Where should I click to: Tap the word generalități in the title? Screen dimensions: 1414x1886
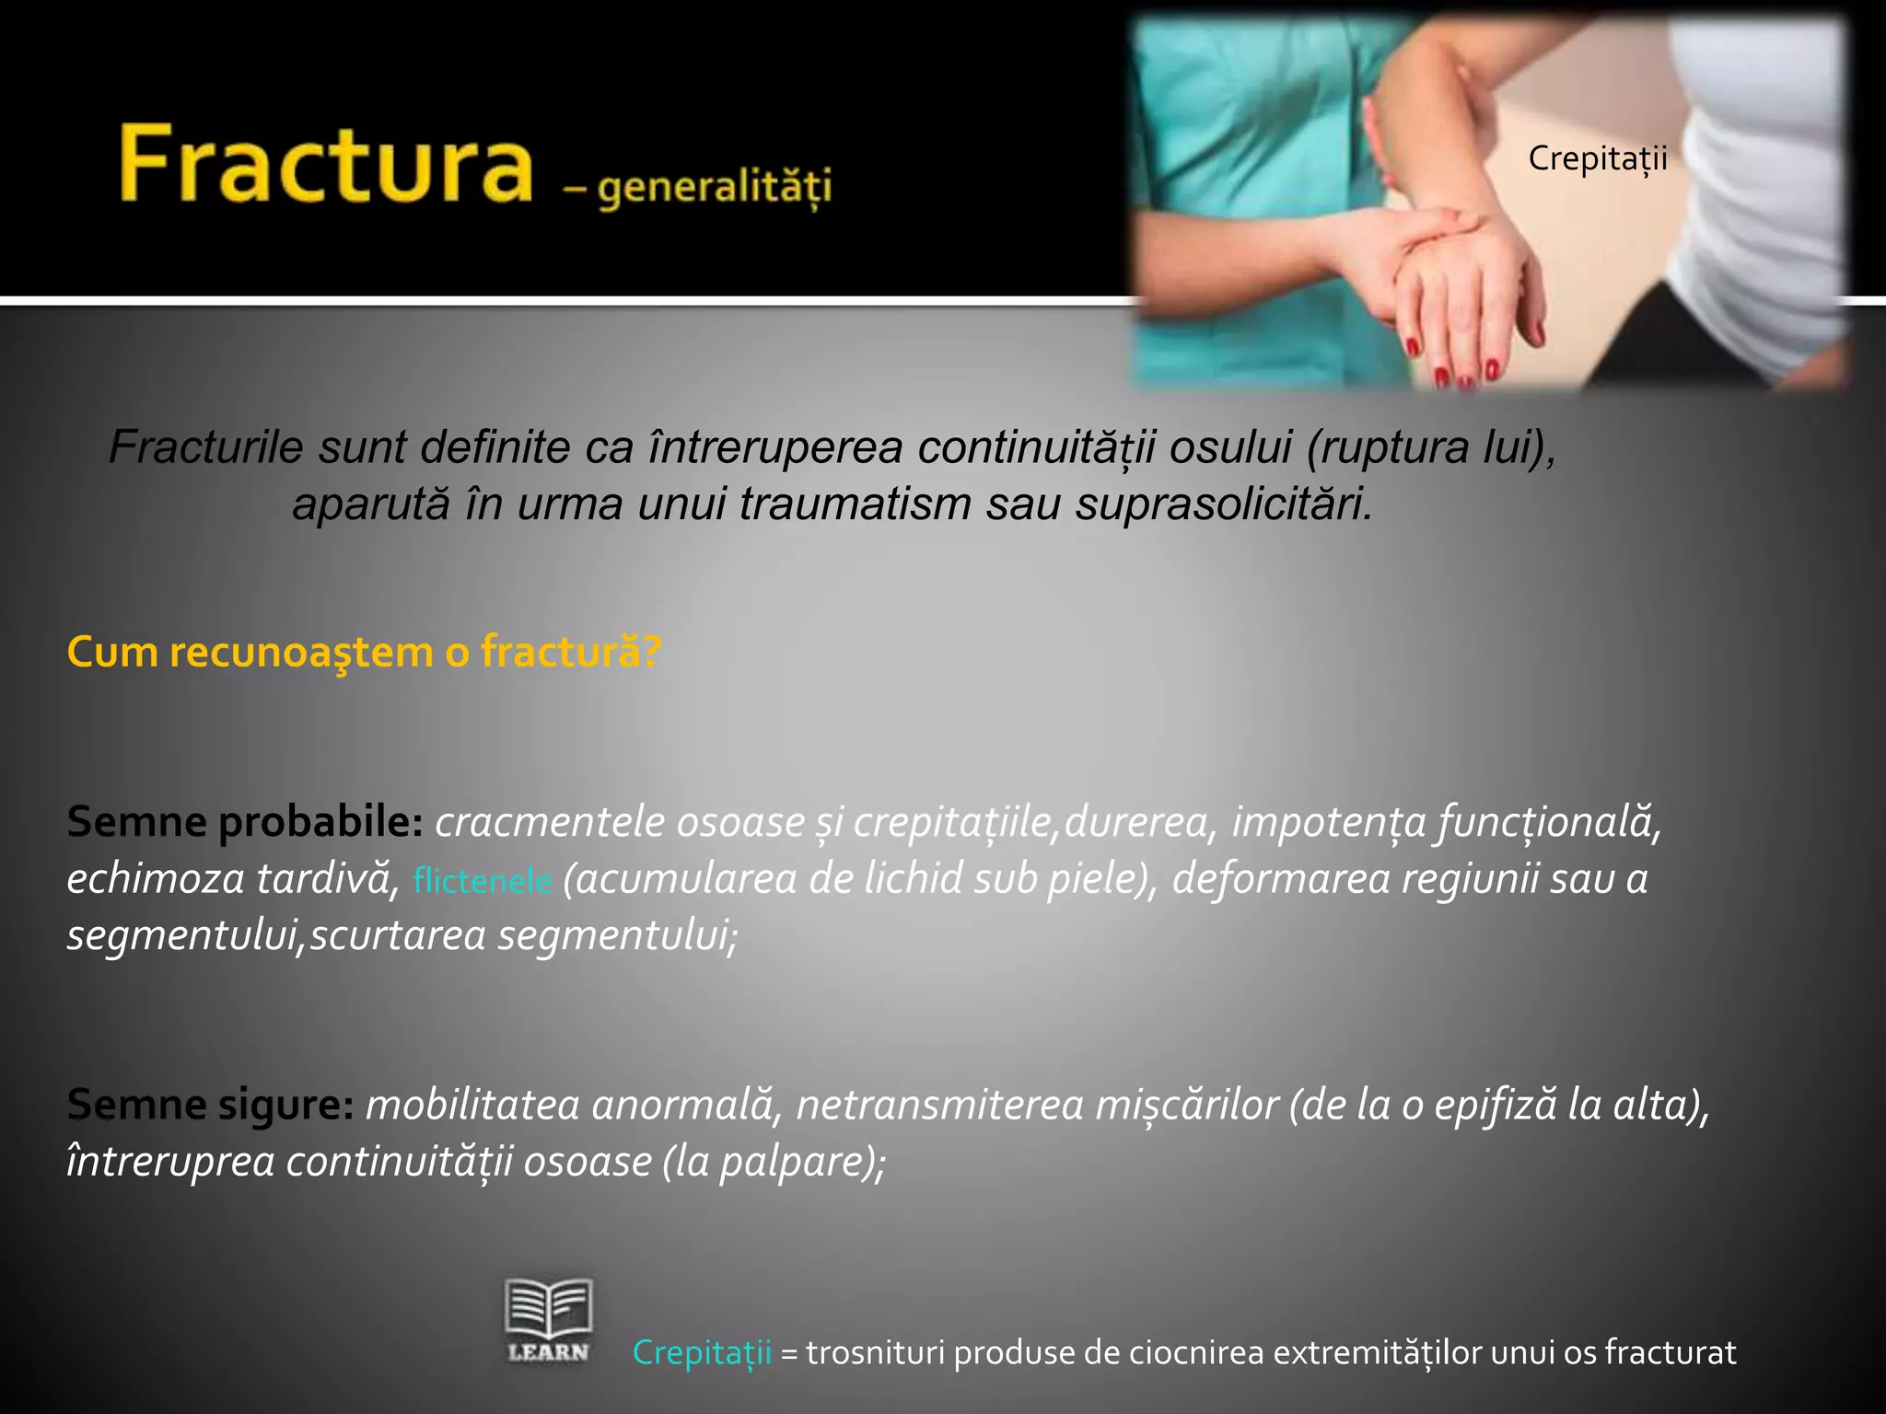click(714, 188)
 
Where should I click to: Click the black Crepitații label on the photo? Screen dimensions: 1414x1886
click(1598, 158)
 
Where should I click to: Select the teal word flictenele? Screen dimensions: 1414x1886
click(483, 881)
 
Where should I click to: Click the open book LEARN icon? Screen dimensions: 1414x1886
click(548, 1319)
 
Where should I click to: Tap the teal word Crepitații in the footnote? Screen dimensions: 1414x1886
click(702, 1352)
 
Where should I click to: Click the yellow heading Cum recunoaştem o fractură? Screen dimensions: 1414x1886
click(364, 652)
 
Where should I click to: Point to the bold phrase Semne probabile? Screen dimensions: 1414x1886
click(244, 821)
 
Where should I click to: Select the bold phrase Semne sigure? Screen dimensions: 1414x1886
click(210, 1105)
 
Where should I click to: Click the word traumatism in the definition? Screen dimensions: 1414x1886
click(856, 504)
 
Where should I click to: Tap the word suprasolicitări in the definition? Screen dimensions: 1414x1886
click(1225, 504)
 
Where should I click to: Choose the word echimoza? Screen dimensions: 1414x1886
click(155, 878)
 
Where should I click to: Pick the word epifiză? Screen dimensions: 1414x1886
click(1491, 1105)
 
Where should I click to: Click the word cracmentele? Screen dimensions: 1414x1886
click(550, 821)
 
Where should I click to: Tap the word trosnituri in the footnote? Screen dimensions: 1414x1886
click(873, 1352)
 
